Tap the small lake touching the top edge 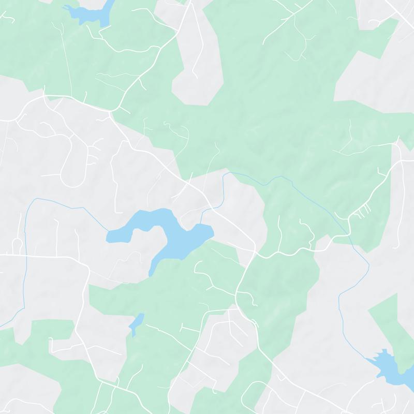[96, 13]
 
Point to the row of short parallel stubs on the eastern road [365, 210]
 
